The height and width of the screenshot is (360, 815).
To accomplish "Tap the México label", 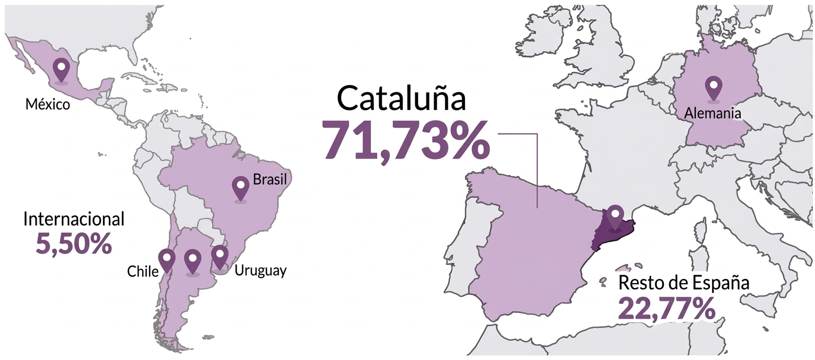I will click(48, 105).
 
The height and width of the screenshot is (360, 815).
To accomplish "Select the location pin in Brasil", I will click(241, 187).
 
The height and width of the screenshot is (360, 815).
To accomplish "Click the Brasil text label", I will click(269, 180).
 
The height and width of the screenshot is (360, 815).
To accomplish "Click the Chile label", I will click(143, 272).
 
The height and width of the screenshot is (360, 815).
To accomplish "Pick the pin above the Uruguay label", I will click(220, 256).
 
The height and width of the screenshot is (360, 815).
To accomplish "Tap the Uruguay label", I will click(261, 271).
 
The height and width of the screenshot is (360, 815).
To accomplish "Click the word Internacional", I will click(74, 219).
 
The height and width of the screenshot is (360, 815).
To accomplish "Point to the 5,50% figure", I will click(74, 243).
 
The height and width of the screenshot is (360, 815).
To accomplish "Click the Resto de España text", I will click(684, 283).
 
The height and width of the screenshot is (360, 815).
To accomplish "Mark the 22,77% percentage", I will click(666, 309).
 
